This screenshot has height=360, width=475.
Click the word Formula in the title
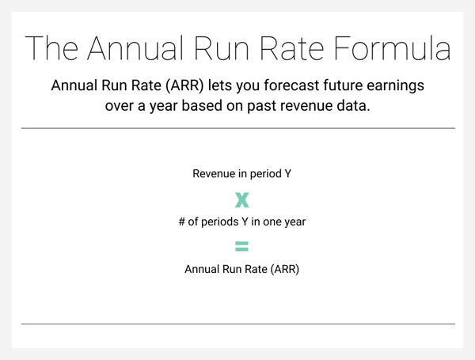(x=393, y=48)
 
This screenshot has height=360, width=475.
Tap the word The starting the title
(x=51, y=48)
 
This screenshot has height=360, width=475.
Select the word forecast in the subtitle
(x=291, y=85)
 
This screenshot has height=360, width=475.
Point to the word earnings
(x=395, y=86)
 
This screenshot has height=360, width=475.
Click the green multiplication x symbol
(x=242, y=200)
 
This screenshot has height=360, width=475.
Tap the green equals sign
(x=242, y=246)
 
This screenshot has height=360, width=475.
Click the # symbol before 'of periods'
(x=182, y=222)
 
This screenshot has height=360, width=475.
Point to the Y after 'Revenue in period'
(x=287, y=174)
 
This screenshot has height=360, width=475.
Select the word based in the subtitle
(x=202, y=106)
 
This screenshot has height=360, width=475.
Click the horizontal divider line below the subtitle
(x=238, y=128)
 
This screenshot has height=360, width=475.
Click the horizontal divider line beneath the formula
(x=238, y=324)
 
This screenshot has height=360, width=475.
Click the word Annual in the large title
(x=135, y=48)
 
